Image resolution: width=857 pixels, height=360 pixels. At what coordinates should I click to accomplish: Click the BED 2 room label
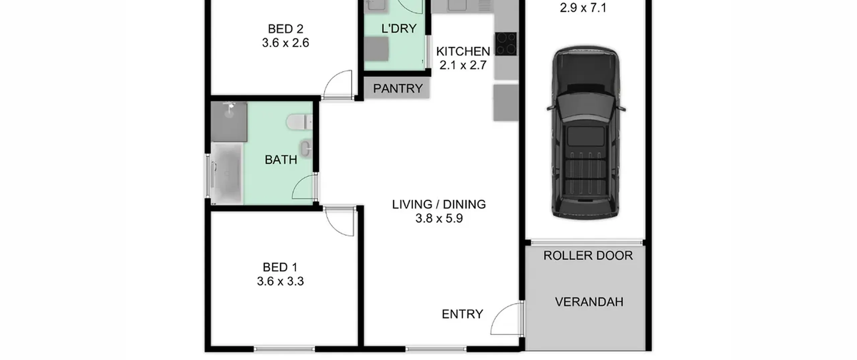coord(286,29)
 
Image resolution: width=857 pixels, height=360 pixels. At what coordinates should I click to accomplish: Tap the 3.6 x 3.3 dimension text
coord(281,281)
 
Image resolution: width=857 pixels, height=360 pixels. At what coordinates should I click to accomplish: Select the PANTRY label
coord(398,88)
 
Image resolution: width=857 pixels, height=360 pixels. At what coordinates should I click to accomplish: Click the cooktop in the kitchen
coord(506,44)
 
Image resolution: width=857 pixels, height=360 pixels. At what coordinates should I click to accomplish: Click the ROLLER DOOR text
coord(588,256)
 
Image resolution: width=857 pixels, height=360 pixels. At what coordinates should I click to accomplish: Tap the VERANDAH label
coord(589,302)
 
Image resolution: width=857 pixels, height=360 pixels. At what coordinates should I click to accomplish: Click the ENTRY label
coord(462,314)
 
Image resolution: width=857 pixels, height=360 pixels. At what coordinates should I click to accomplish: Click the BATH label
coord(281,160)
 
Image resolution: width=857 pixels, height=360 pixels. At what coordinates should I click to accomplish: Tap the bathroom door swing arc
coord(300,184)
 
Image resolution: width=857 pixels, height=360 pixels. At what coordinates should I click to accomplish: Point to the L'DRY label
coord(399,28)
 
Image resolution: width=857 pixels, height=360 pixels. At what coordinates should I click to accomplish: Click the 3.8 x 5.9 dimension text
coord(439,218)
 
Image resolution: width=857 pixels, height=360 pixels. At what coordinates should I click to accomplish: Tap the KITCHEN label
coord(463,51)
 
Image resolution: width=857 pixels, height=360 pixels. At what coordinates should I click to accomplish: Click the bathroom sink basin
coord(306,148)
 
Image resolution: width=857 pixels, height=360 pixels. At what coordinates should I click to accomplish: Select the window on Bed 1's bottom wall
coord(284,349)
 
